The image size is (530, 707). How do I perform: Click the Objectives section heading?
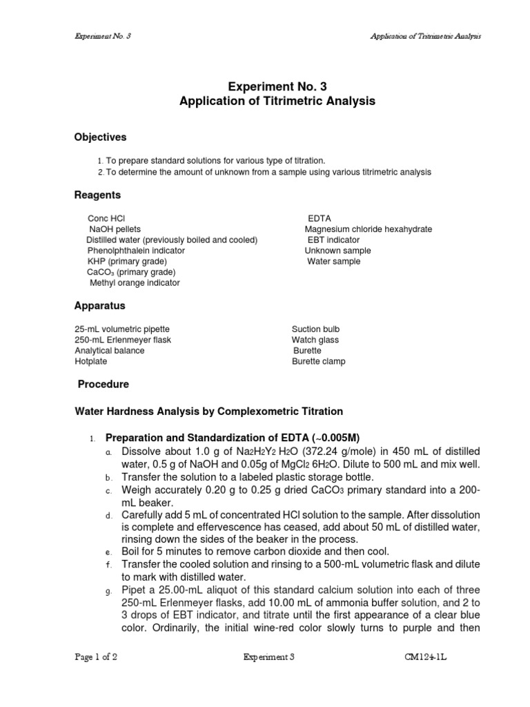coord(100,137)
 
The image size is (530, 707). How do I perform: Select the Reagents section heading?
coord(97,195)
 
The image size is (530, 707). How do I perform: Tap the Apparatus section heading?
coord(99,305)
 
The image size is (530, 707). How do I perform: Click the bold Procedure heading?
coord(103,384)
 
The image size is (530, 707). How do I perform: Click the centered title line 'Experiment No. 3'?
coord(277,86)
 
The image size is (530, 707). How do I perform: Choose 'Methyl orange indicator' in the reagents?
coord(135,283)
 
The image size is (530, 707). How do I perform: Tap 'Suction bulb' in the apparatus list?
coord(315,329)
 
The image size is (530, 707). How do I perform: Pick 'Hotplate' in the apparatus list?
coord(90,361)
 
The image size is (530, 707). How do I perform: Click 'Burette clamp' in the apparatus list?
coord(318,361)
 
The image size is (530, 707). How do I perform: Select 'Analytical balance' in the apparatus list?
coord(110,351)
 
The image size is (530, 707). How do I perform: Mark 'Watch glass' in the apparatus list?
coord(315,340)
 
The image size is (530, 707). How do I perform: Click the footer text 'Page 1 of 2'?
coord(96,658)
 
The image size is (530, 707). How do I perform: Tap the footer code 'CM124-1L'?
coord(429,658)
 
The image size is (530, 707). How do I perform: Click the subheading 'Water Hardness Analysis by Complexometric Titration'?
coord(208,411)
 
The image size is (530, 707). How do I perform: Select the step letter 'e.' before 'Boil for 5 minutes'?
coord(108,552)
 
